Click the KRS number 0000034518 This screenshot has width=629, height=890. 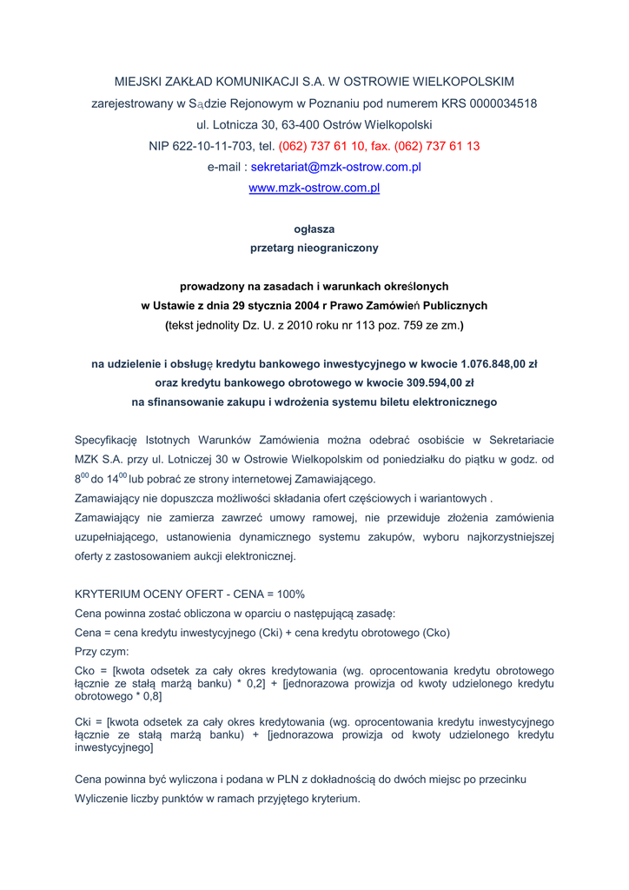pyautogui.click(x=503, y=103)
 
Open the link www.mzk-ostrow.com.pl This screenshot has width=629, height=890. pyautogui.click(x=314, y=188)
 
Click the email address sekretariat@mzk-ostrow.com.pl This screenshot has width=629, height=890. pyautogui.click(x=335, y=167)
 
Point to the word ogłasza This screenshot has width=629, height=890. pyautogui.click(x=314, y=229)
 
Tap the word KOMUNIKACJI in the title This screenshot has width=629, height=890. pyautogui.click(x=248, y=82)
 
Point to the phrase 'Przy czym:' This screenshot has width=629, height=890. pyautogui.click(x=102, y=651)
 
